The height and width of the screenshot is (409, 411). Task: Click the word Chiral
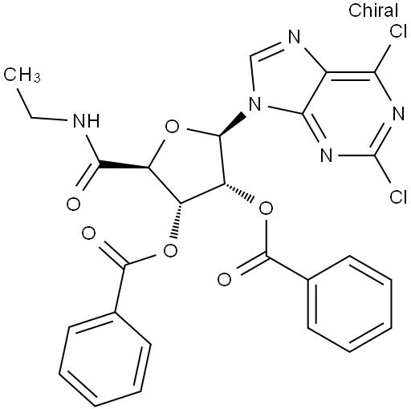coord(373,10)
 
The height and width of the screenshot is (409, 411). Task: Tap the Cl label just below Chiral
coord(398,32)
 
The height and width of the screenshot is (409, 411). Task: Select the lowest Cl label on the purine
coord(398,197)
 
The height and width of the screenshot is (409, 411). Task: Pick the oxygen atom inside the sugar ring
coord(172,127)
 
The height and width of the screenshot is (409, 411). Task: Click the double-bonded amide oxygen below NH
coord(73,204)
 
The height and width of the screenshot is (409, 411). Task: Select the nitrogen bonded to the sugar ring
coord(254,104)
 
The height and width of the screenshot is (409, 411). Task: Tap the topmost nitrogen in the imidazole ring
coord(295,37)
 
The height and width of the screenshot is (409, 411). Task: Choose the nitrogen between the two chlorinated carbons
coord(398,114)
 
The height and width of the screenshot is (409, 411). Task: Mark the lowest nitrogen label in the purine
coord(327,155)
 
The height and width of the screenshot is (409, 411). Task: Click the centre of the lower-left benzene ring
coord(105,359)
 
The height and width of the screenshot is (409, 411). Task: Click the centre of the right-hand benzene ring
coord(350,304)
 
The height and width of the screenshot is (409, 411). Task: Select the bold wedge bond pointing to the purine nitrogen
coord(232,125)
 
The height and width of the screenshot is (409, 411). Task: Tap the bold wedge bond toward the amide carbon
coord(124,164)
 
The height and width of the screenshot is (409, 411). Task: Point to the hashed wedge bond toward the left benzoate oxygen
coord(177,221)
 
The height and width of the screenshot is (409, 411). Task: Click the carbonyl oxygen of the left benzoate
coord(88,234)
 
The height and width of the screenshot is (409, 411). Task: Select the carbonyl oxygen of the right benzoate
coord(224,280)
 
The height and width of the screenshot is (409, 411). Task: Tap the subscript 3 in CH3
coord(38,78)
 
